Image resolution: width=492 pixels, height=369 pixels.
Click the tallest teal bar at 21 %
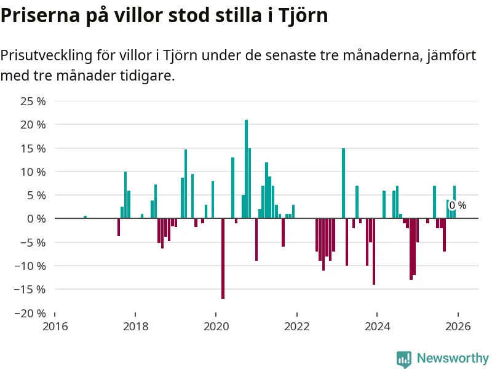click(247, 169)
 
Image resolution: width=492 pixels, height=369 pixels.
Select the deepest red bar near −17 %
click(223, 258)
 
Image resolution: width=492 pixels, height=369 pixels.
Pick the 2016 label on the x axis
click(54, 327)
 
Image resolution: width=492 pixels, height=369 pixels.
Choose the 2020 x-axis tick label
click(216, 327)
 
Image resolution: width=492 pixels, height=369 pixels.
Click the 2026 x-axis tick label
click(458, 327)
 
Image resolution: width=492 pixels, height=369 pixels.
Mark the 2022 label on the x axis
click(296, 327)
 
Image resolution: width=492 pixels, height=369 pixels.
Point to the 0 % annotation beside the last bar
click(458, 205)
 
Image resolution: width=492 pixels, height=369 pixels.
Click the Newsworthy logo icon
click(404, 359)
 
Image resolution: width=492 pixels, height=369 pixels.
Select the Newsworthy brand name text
click(453, 358)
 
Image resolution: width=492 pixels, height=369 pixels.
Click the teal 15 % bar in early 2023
click(344, 183)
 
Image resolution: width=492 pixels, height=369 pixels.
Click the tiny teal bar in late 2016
click(85, 217)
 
